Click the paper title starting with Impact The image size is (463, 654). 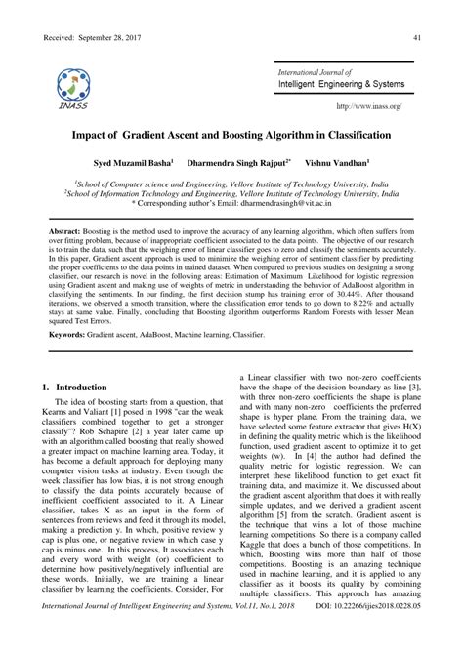click(x=231, y=135)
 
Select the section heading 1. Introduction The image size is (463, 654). click(x=77, y=415)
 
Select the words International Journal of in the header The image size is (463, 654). click(x=315, y=72)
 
